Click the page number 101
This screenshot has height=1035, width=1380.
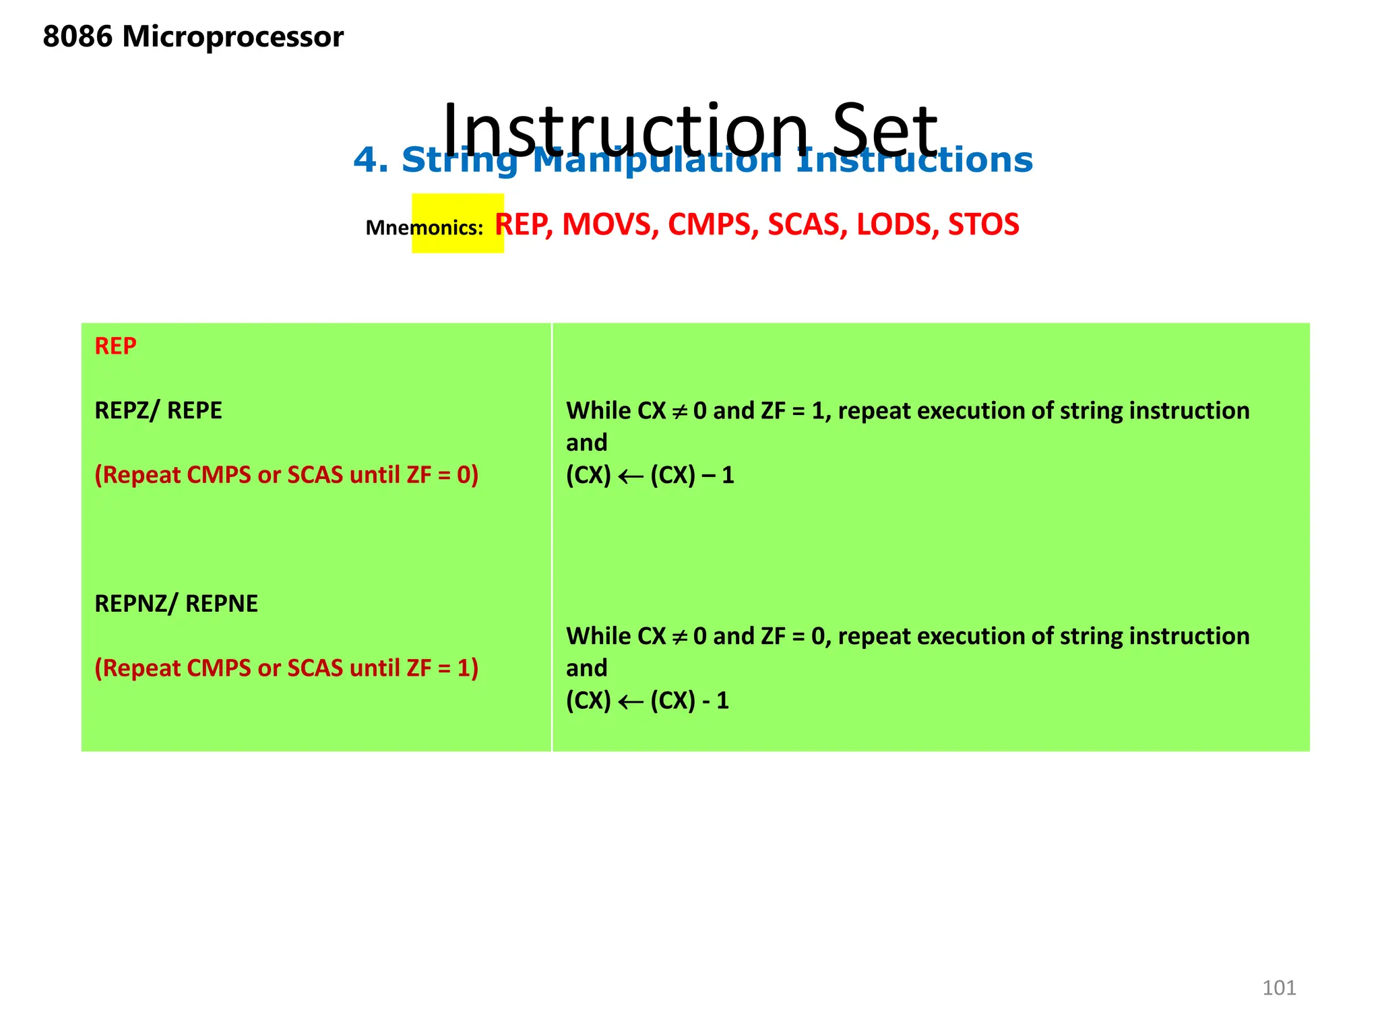coord(1278,988)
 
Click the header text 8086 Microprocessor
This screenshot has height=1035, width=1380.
coord(193,36)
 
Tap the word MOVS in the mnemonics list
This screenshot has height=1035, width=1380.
coord(610,224)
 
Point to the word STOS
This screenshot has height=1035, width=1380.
coord(983,224)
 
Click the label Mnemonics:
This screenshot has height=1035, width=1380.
coord(424,228)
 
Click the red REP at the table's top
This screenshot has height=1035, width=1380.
coord(115,346)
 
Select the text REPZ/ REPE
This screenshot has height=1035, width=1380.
coord(158,410)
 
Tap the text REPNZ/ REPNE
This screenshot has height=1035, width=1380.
coord(176,604)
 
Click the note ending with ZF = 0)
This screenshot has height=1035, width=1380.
coord(286,475)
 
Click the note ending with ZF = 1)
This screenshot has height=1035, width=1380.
coord(286,668)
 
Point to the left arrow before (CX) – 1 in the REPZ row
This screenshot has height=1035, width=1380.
coord(631,477)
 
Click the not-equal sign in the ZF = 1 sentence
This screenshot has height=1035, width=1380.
coord(680,411)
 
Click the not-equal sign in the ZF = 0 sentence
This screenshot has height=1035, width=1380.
coord(680,637)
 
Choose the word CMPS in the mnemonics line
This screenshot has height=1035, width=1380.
coord(709,224)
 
